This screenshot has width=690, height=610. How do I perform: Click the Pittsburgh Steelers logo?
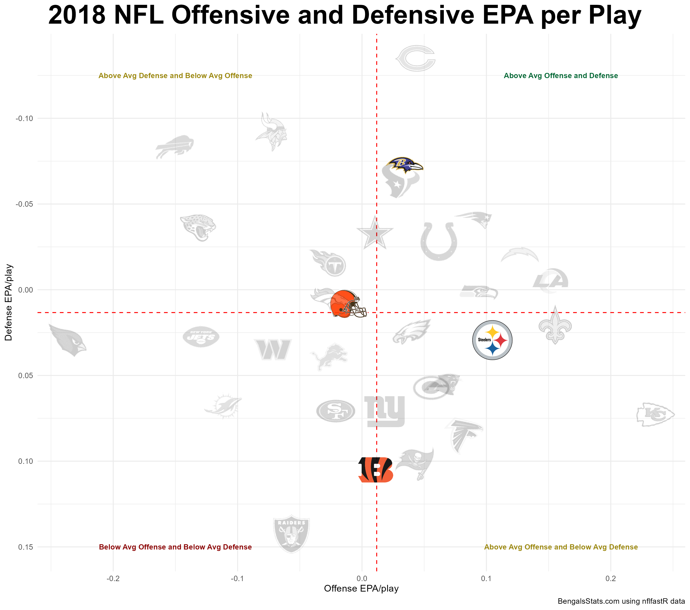pyautogui.click(x=492, y=340)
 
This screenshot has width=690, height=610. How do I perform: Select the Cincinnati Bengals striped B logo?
pyautogui.click(x=375, y=470)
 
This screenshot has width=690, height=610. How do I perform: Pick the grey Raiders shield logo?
pyautogui.click(x=291, y=534)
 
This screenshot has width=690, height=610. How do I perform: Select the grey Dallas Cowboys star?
pyautogui.click(x=375, y=233)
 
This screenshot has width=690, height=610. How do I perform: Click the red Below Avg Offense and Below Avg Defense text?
pyautogui.click(x=175, y=547)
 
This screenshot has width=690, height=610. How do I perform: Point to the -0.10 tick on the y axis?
pyautogui.click(x=24, y=118)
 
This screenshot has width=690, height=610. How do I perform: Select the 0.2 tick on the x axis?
pyautogui.click(x=610, y=579)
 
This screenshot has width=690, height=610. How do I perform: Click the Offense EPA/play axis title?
pyautogui.click(x=361, y=588)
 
